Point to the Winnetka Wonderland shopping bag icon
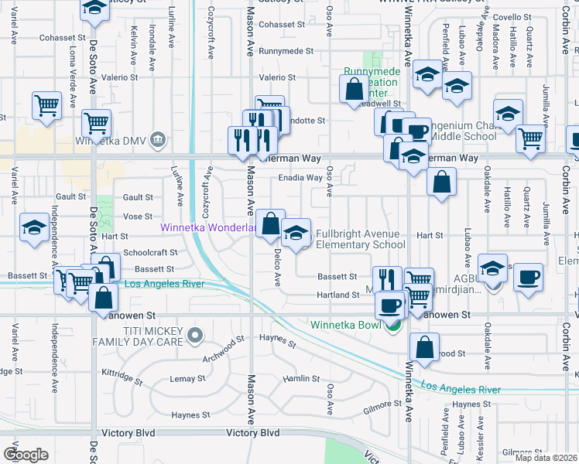(x=270, y=223)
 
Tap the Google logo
(x=26, y=454)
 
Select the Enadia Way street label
(x=300, y=178)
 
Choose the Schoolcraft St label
(x=151, y=252)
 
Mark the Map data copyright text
(x=545, y=458)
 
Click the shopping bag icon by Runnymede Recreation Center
(x=354, y=89)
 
